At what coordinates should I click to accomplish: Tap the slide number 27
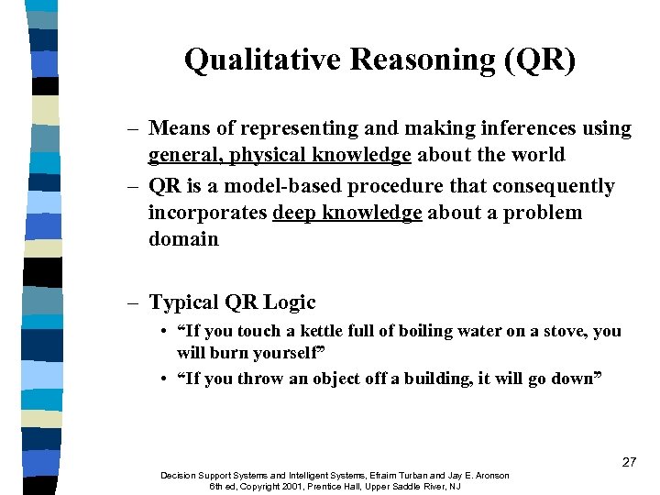pos(628,462)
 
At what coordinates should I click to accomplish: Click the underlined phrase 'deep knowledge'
pos(347,213)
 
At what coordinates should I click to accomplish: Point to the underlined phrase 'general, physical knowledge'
pos(280,156)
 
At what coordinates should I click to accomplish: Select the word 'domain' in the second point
pos(183,239)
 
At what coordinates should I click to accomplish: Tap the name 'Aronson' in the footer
pos(485,475)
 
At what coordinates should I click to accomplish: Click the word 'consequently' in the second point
pos(554,186)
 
